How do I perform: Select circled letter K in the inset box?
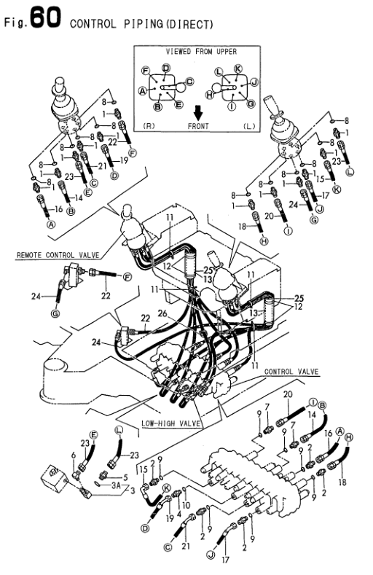tap(237, 68)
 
